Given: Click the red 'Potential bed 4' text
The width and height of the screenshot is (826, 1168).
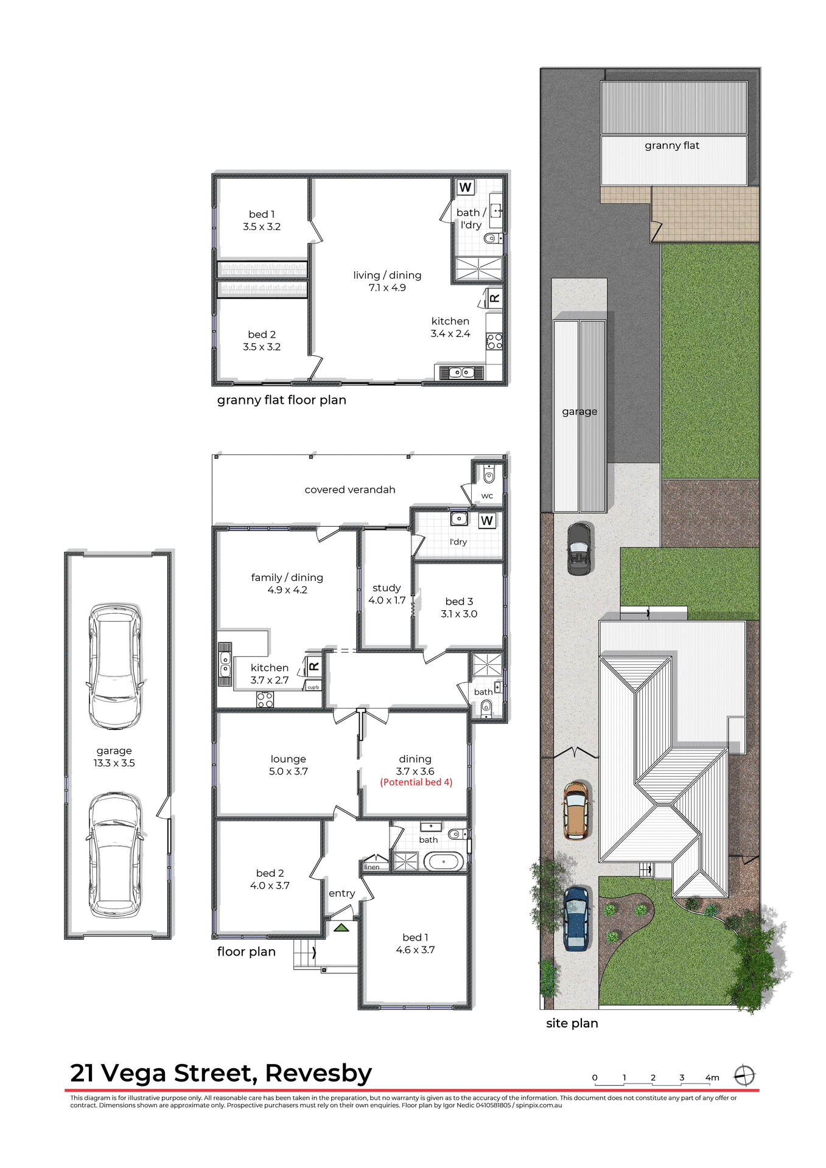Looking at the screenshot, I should pyautogui.click(x=416, y=782).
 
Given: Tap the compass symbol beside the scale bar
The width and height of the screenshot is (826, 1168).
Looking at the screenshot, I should pyautogui.click(x=744, y=1076).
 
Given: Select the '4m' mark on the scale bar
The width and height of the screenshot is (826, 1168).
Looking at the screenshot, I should pyautogui.click(x=712, y=1077).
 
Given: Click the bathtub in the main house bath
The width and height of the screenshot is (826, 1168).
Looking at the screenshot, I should pyautogui.click(x=443, y=861).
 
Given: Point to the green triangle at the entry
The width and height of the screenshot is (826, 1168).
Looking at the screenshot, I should pyautogui.click(x=341, y=928).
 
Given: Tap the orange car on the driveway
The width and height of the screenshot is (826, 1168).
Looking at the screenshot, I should pyautogui.click(x=576, y=810).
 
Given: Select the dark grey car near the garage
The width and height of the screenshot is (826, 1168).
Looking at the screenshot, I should pyautogui.click(x=579, y=549).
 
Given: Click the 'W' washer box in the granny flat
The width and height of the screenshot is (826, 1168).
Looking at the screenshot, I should pyautogui.click(x=466, y=187).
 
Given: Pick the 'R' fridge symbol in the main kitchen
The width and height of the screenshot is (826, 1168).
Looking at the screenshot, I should pyautogui.click(x=314, y=666).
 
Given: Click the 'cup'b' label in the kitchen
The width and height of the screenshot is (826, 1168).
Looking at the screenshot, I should pyautogui.click(x=313, y=687).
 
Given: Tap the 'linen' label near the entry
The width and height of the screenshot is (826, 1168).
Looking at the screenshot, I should pyautogui.click(x=372, y=867).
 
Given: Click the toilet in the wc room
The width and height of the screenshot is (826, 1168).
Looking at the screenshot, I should pyautogui.click(x=489, y=474).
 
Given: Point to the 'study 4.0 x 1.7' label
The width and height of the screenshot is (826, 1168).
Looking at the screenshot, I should pyautogui.click(x=387, y=594).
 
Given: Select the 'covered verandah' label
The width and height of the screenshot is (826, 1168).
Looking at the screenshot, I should pyautogui.click(x=350, y=490).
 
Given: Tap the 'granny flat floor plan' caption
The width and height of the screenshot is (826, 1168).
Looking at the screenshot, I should pyautogui.click(x=281, y=400).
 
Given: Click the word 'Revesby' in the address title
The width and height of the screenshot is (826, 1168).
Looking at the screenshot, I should pyautogui.click(x=318, y=1073).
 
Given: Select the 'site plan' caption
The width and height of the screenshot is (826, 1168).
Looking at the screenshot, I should pyautogui.click(x=572, y=1023).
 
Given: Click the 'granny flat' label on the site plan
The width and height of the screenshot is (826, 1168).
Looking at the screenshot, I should pyautogui.click(x=672, y=145).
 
